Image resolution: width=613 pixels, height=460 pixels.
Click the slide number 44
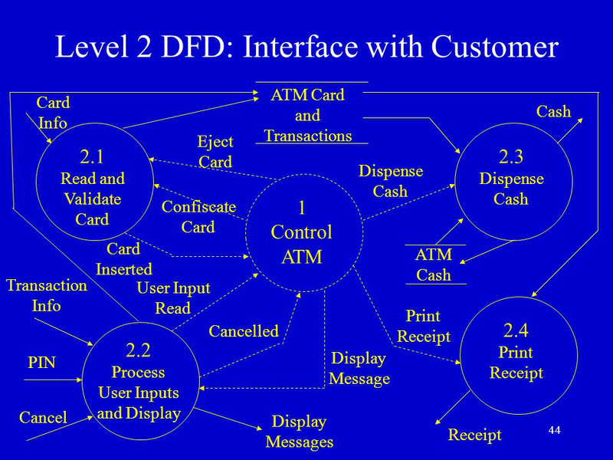pyautogui.click(x=555, y=430)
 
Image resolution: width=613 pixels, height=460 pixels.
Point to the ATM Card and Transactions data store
pyautogui.click(x=308, y=116)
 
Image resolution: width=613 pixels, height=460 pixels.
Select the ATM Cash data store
pyautogui.click(x=434, y=264)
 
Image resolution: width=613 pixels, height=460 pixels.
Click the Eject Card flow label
pyautogui.click(x=215, y=152)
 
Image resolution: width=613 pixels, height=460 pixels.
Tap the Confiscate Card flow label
pyautogui.click(x=198, y=217)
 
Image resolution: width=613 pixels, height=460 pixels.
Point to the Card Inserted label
pyautogui.click(x=123, y=259)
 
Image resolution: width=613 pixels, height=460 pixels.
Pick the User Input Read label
pyautogui.click(x=173, y=298)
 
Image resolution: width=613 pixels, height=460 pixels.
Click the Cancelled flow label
pyautogui.click(x=244, y=331)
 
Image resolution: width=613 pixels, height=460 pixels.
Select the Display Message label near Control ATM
pyautogui.click(x=359, y=369)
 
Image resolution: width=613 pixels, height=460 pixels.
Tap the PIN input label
pyautogui.click(x=41, y=363)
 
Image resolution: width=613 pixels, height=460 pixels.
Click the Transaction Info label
pyautogui.click(x=46, y=295)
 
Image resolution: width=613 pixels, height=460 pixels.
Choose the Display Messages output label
pyautogui.click(x=300, y=432)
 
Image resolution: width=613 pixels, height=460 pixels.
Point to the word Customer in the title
pyautogui.click(x=495, y=48)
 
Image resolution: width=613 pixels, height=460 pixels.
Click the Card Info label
pyautogui.click(x=53, y=113)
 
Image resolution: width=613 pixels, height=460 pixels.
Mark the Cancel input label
pyautogui.click(x=43, y=418)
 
